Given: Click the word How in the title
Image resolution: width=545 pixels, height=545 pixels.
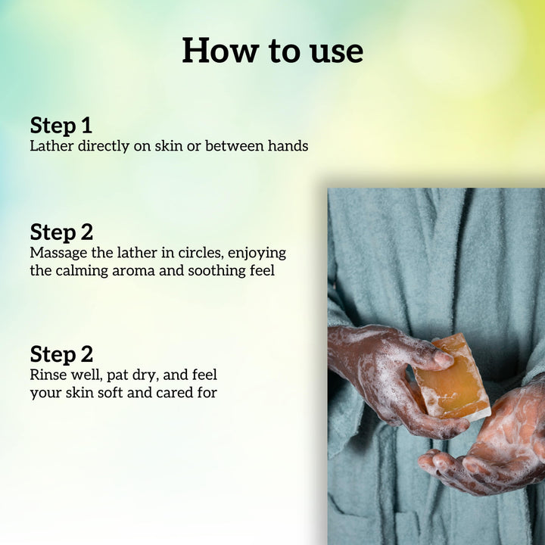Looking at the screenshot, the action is [221, 51].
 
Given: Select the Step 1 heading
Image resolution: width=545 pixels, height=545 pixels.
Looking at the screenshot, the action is [61, 125].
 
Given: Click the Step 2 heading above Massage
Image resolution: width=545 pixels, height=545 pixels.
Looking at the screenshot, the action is [61, 232].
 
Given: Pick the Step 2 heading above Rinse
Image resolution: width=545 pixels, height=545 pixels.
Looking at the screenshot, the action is [61, 354].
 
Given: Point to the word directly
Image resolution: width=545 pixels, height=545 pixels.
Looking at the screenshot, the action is [104, 146].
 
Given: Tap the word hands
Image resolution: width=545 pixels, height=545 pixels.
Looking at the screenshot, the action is [288, 146].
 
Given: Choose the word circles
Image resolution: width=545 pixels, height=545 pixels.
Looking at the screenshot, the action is [201, 253].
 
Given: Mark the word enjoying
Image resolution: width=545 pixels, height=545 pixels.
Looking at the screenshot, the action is [257, 254].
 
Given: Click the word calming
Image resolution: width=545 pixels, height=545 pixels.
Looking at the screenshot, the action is [82, 272].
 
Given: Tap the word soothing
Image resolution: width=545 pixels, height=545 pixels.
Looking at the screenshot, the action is [217, 271].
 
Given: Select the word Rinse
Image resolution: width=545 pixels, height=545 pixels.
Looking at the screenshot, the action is [48, 375].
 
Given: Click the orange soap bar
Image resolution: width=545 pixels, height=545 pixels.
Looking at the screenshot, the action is [452, 377].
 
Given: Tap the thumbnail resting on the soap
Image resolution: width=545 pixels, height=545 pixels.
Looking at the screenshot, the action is [443, 359].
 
